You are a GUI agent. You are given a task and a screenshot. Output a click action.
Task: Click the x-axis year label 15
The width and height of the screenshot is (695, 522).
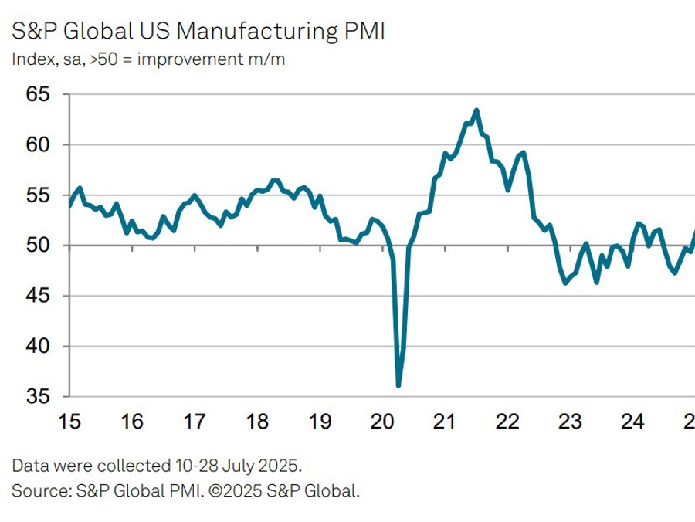69,422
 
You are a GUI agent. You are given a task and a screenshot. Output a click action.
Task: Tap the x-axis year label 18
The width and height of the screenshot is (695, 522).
257,422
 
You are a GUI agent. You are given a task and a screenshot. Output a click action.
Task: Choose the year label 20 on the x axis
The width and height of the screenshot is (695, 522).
382,422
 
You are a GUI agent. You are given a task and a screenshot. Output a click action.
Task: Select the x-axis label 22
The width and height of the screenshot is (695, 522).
507,422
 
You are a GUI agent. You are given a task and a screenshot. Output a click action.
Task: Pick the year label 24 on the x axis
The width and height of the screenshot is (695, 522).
632,422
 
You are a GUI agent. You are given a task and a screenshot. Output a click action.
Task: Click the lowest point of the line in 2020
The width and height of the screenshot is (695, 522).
398,385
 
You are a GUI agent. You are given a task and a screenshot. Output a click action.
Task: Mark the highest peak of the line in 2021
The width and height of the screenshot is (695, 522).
476,110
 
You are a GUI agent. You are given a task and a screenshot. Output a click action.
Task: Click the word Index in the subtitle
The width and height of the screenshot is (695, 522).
29,60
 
